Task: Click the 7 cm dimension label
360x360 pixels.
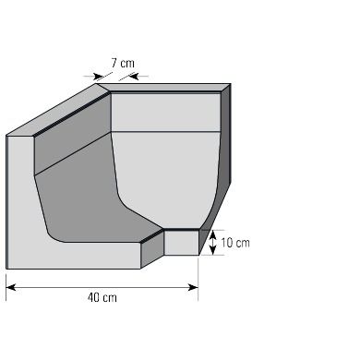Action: [x=123, y=63]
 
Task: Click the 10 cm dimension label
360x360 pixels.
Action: [x=235, y=243]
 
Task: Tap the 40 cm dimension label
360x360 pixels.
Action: [x=102, y=298]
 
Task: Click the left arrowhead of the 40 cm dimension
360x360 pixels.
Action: [x=11, y=287]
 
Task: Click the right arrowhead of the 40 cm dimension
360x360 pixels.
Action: [x=193, y=287]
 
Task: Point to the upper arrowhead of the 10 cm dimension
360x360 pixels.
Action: [x=212, y=235]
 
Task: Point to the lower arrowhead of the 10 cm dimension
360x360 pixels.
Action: [x=212, y=250]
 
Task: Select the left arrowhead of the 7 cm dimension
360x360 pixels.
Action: [x=99, y=76]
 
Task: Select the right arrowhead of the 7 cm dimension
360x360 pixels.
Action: [x=133, y=76]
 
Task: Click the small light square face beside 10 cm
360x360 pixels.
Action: [x=182, y=243]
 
